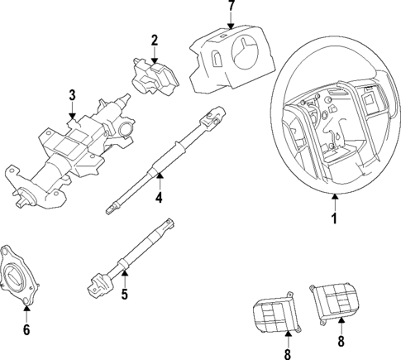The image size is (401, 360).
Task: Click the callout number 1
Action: click(x=334, y=220)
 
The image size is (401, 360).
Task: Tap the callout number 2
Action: click(x=154, y=40)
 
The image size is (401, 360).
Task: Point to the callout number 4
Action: click(x=159, y=198)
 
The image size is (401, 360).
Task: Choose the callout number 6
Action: click(x=26, y=330)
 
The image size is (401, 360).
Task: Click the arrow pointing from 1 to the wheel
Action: click(x=334, y=202)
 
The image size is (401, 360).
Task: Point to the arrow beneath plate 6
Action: click(x=26, y=313)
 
